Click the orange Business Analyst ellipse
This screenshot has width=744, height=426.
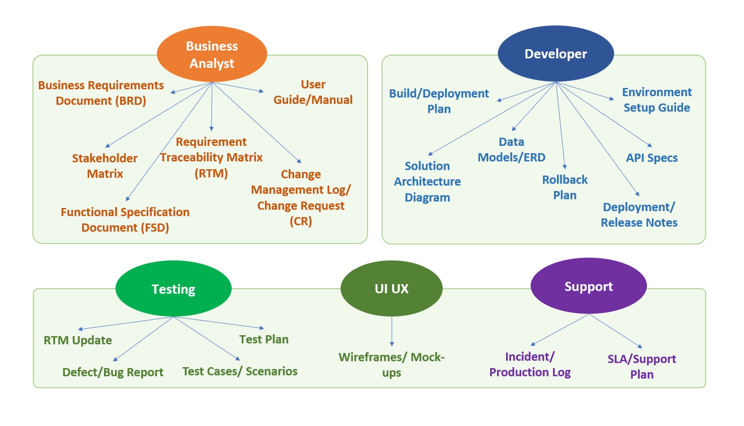click(212, 54)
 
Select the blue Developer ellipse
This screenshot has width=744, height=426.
click(556, 54)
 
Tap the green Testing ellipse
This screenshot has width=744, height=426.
click(173, 289)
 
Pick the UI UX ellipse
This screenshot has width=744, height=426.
click(391, 288)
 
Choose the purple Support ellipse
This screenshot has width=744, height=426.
click(588, 286)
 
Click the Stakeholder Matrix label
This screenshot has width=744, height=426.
click(105, 166)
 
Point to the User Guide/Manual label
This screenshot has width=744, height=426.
click(313, 92)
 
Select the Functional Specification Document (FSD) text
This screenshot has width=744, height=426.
click(125, 220)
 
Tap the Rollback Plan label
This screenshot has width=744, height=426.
click(565, 187)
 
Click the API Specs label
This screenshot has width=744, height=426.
click(652, 158)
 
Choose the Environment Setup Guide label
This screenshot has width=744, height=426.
click(657, 100)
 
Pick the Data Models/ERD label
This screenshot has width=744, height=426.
click(511, 150)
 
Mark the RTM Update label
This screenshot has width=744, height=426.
click(78, 340)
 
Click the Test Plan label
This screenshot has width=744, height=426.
click(264, 339)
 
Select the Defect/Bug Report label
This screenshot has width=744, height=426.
click(113, 372)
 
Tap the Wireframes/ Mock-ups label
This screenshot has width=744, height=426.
click(391, 365)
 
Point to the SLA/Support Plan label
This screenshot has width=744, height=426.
click(641, 366)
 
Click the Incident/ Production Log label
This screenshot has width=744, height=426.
click(530, 364)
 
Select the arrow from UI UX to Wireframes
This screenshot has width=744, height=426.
click(392, 332)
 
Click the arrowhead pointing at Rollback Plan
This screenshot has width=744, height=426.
click(565, 167)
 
